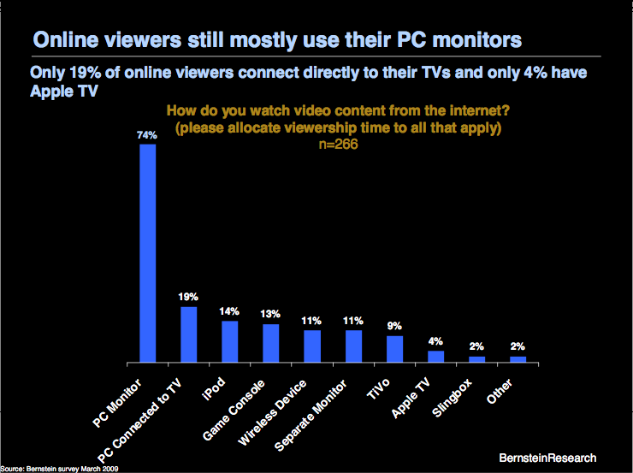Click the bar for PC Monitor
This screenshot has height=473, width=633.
click(x=148, y=252)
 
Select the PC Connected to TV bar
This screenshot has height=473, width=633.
click(x=189, y=334)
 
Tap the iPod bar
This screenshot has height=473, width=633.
click(x=230, y=341)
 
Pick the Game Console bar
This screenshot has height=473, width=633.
click(x=271, y=342)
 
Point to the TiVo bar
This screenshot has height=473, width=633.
click(x=394, y=348)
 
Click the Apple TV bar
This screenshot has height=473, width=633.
click(x=435, y=356)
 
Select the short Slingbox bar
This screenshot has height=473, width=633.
click(x=476, y=359)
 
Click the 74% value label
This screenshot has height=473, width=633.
click(x=147, y=135)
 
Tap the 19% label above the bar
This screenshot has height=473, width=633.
click(x=189, y=298)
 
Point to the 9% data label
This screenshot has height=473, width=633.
click(x=394, y=326)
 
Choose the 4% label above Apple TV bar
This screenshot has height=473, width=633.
click(x=435, y=341)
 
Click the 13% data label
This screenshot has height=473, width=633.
click(x=271, y=314)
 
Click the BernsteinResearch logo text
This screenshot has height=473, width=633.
click(x=548, y=458)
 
